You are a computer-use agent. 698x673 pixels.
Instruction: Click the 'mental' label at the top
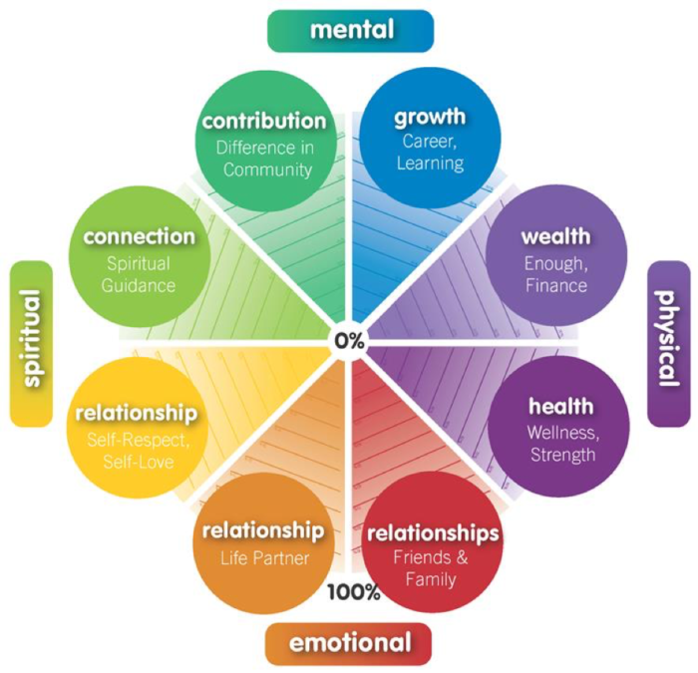pyautogui.click(x=351, y=30)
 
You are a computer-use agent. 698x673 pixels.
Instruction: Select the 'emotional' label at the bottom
pyautogui.click(x=349, y=643)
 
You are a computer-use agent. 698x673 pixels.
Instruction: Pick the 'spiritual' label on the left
pyautogui.click(x=30, y=340)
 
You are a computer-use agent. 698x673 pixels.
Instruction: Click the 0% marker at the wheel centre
pyautogui.click(x=349, y=340)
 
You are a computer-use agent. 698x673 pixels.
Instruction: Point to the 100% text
pyautogui.click(x=354, y=592)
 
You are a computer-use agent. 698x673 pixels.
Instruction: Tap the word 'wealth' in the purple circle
pyautogui.click(x=555, y=237)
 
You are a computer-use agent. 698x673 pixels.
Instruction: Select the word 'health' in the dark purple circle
pyautogui.click(x=560, y=407)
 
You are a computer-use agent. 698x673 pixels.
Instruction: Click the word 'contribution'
pyautogui.click(x=264, y=122)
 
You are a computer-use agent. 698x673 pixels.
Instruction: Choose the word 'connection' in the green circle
pyautogui.click(x=139, y=237)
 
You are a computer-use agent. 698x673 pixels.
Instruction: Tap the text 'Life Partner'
pyautogui.click(x=263, y=557)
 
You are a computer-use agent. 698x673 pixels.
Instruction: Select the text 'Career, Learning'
pyautogui.click(x=430, y=152)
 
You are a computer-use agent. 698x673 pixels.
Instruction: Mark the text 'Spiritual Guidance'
pyautogui.click(x=139, y=274)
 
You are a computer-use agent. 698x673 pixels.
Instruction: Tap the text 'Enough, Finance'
pyautogui.click(x=555, y=274)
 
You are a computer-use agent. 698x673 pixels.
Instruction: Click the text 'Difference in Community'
pyautogui.click(x=266, y=158)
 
